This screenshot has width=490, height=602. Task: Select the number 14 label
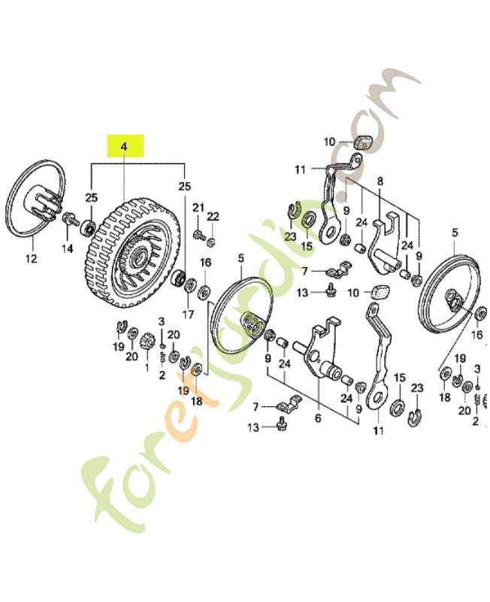point(67,248)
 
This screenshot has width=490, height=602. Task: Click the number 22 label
point(213,217)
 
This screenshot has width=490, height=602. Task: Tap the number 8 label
point(380,181)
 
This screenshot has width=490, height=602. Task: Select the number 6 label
point(317,418)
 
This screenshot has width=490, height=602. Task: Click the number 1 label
point(147,367)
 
